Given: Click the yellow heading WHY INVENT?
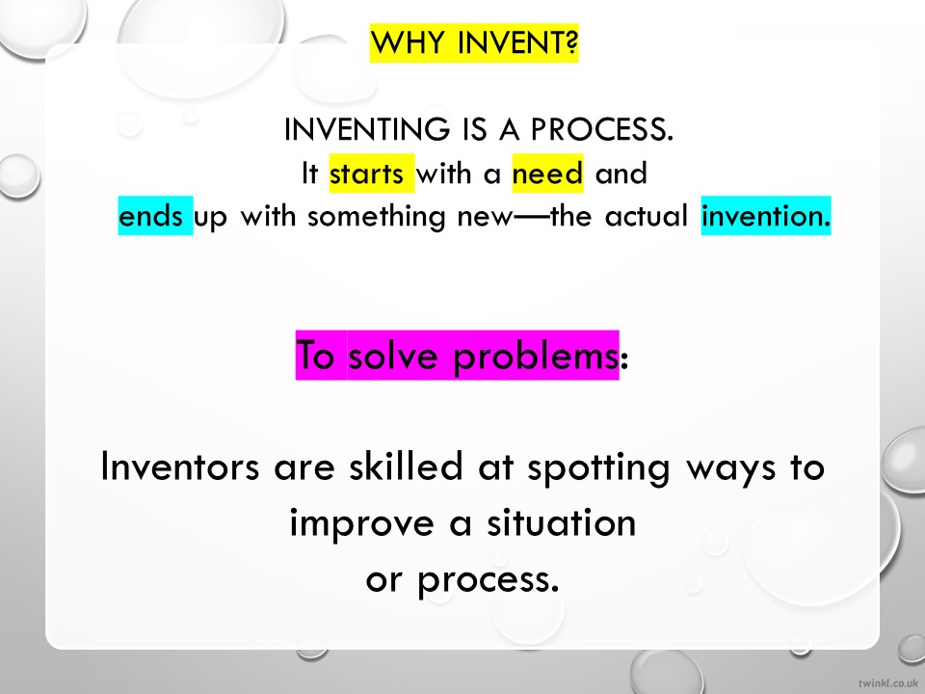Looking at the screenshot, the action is pos(474,42).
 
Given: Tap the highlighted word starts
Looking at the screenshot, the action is pos(366,173).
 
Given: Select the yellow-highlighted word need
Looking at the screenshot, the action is pos(547,173).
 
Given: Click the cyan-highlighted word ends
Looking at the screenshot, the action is pos(150,216).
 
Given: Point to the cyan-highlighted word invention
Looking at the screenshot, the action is pos(766,216).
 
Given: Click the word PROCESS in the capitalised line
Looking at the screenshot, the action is pos(601,129).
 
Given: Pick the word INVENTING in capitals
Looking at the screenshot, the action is pos(366,129).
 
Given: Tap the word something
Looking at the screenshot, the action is pos(377,217).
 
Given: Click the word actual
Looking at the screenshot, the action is pos(647,216).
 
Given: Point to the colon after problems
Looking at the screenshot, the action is pos(624,359).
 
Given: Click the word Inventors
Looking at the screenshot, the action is pos(180,467).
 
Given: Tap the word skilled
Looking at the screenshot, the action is pos(406,466).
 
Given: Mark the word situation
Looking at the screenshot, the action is pos(561,522).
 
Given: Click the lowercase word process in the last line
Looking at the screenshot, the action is pos(488,580).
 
